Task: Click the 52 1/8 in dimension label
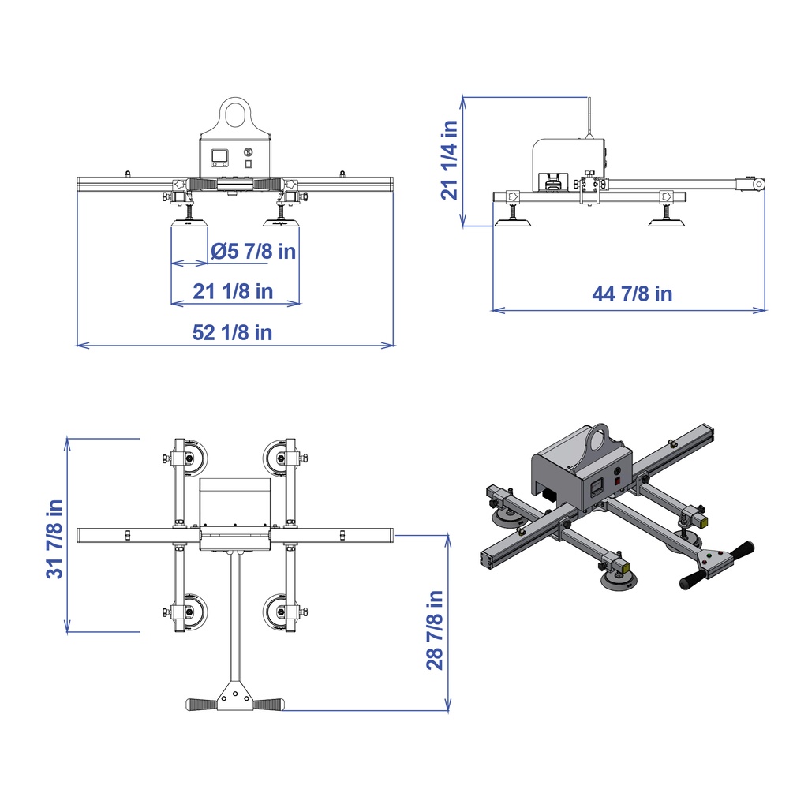click(x=233, y=333)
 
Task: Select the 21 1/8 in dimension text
click(x=234, y=291)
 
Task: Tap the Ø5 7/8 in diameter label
click(x=253, y=252)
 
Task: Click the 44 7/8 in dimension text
click(x=632, y=294)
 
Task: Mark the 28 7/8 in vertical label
click(x=435, y=629)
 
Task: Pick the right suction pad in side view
click(x=667, y=223)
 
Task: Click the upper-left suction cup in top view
click(x=190, y=459)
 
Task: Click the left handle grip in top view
click(x=201, y=704)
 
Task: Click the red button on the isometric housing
click(x=617, y=478)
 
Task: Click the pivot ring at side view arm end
click(x=758, y=184)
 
